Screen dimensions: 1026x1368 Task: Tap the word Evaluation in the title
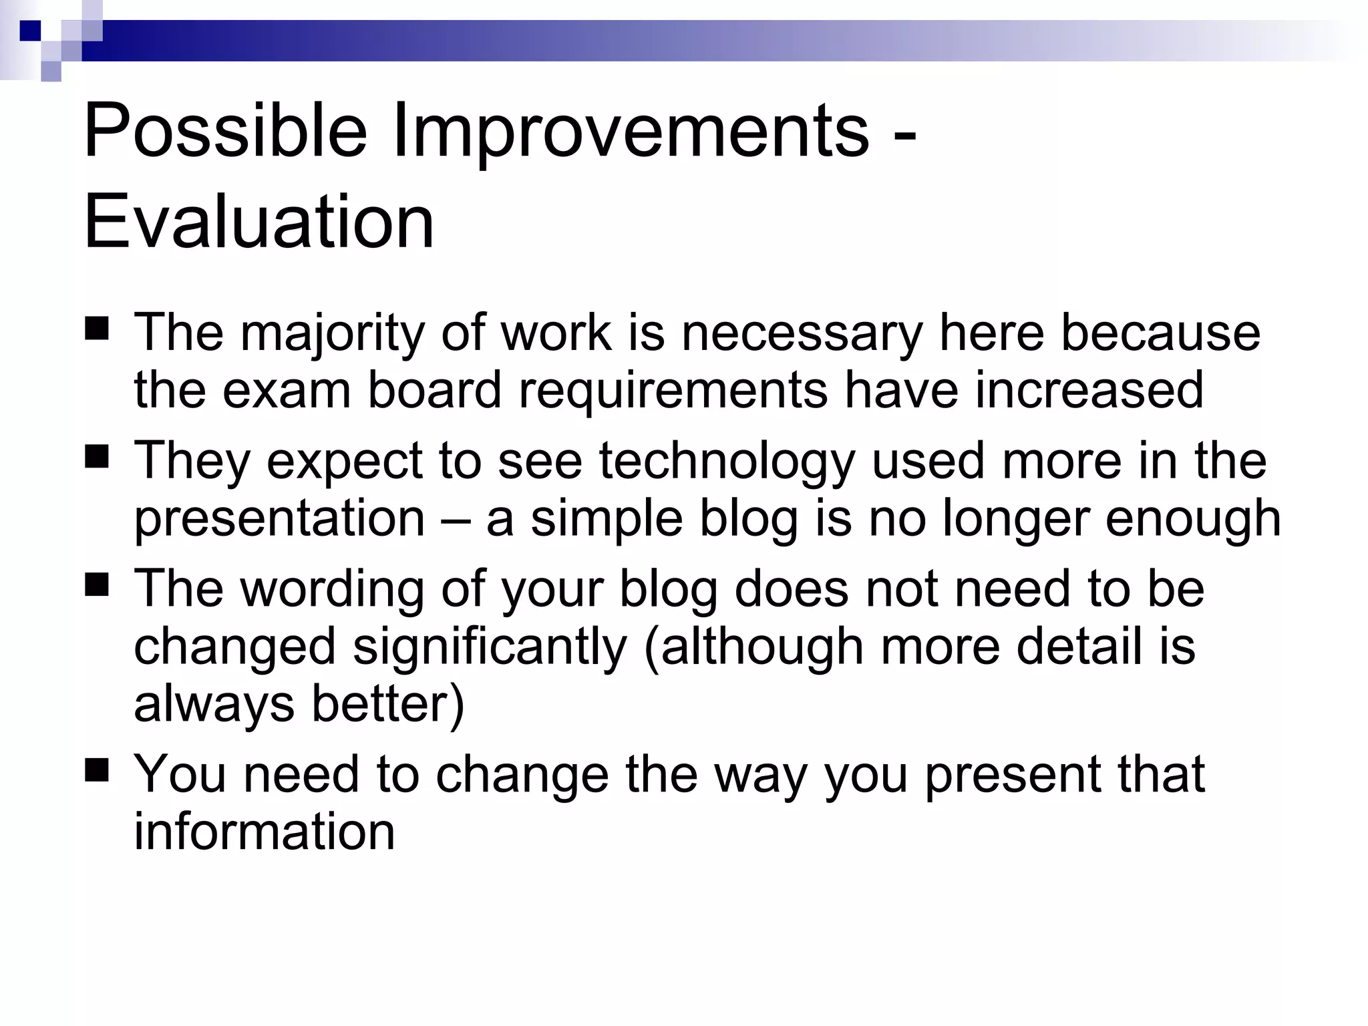point(259,221)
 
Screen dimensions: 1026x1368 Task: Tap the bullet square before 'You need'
point(98,772)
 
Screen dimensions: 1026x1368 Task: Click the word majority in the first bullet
point(332,333)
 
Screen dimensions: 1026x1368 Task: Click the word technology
point(727,462)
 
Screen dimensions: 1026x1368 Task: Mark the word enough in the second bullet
point(1193,519)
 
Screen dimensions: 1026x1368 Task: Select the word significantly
point(490,648)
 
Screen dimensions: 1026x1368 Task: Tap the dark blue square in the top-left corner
point(30,31)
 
